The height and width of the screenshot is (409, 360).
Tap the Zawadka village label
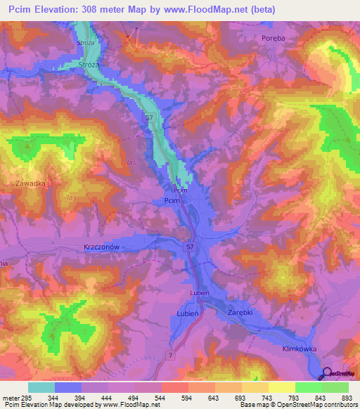30,183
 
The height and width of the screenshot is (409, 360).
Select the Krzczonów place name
103,247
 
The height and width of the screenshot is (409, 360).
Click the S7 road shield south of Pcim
191,247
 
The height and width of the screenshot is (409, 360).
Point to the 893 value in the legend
345,397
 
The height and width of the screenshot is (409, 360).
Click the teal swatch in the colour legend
41,387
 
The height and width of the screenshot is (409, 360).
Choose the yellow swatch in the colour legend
281,387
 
